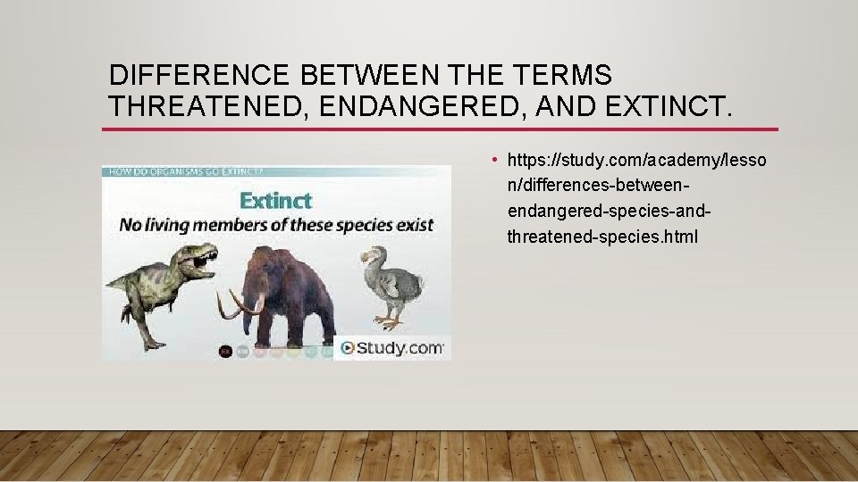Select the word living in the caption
pos(171,224)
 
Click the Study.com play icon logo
pos(347,348)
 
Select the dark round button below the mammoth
pos(225,352)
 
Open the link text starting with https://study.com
pos(635,161)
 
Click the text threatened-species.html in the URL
pos(601,237)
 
